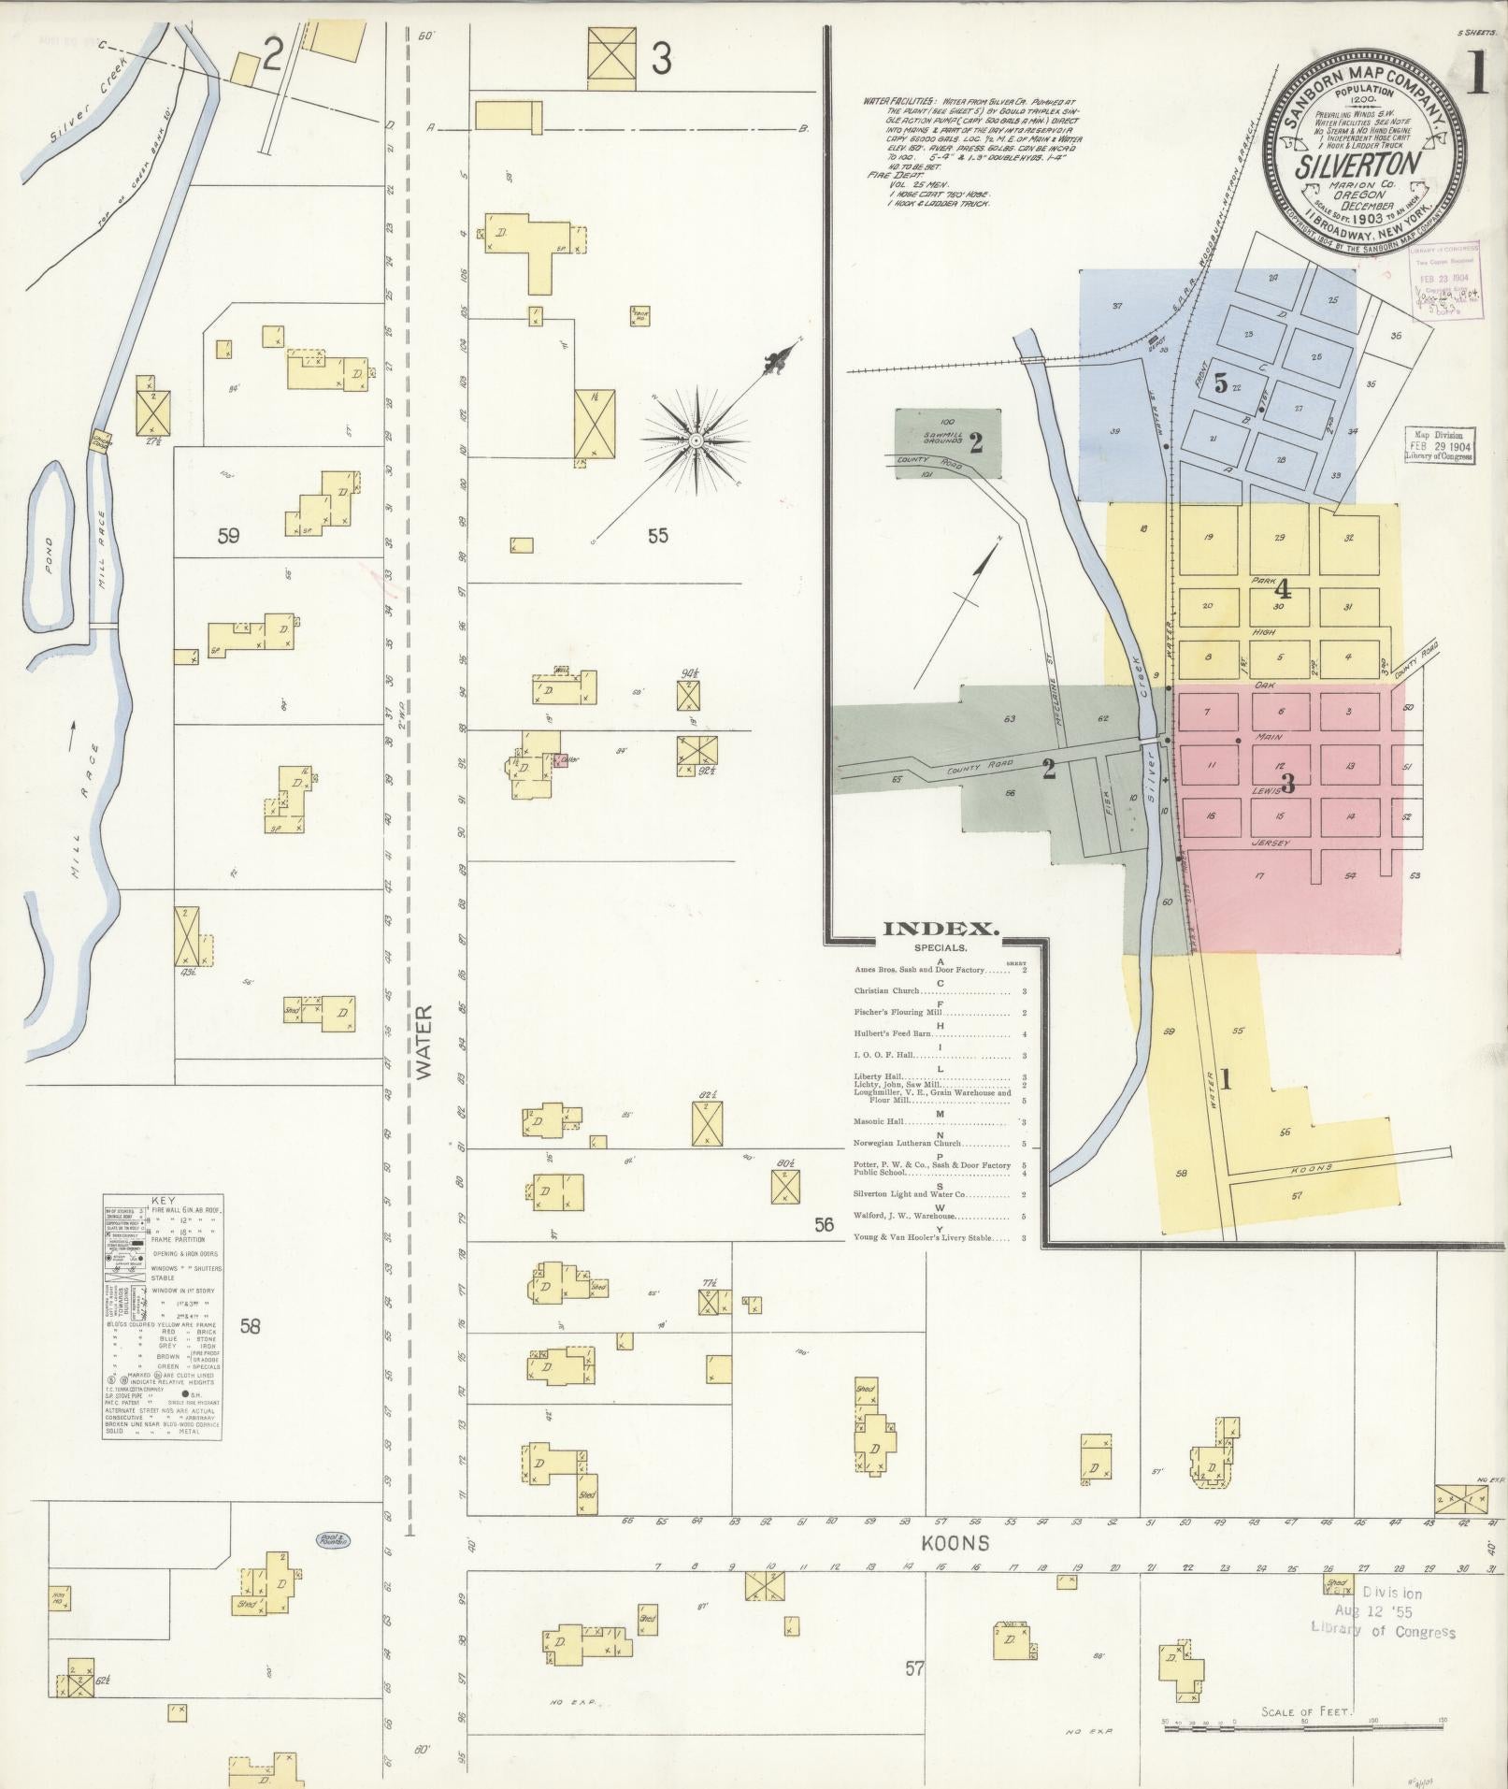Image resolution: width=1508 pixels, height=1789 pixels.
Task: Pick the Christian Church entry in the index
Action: (x=888, y=990)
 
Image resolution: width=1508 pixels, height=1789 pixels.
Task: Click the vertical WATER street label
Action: (x=425, y=1043)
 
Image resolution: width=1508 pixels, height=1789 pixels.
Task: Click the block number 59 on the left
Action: (x=228, y=535)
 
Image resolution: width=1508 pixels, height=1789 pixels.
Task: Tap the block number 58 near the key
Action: (x=250, y=1325)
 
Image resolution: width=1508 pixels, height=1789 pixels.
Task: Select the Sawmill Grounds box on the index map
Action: (x=948, y=443)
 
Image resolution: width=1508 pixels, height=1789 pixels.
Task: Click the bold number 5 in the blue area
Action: (x=1220, y=382)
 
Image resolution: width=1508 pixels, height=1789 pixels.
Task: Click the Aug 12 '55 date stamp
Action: (x=1375, y=1612)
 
